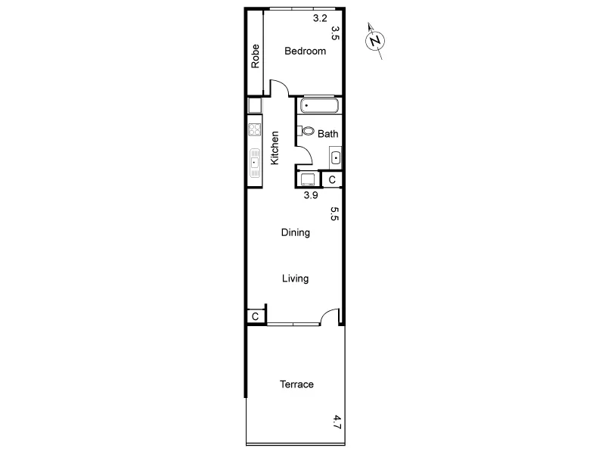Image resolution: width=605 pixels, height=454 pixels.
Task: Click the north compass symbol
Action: [x=375, y=40]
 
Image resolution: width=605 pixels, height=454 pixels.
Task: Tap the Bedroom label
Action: [x=305, y=51]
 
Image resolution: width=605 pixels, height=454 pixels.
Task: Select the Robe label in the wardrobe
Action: [x=256, y=57]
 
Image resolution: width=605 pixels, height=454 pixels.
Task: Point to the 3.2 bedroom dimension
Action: [x=320, y=19]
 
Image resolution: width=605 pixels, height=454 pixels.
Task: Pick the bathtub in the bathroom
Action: [x=320, y=106]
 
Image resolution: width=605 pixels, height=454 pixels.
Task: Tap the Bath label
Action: [x=327, y=134]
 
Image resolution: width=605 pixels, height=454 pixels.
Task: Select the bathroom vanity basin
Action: [x=336, y=158]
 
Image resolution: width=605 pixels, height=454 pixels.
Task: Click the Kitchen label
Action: [x=275, y=148]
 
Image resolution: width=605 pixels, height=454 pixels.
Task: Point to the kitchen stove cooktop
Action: [x=254, y=130]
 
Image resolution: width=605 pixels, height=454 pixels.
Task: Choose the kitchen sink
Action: [x=254, y=161]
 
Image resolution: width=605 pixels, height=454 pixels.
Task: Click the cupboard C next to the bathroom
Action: [x=331, y=179]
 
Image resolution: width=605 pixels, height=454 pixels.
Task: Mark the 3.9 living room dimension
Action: [x=310, y=195]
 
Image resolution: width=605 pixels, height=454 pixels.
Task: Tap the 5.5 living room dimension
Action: [x=334, y=213]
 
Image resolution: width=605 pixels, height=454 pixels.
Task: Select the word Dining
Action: [x=295, y=233]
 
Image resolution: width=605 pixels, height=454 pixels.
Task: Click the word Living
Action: [x=295, y=278]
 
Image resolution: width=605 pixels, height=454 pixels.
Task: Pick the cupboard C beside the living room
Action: [x=256, y=316]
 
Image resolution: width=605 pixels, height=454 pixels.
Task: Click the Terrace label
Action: [x=296, y=384]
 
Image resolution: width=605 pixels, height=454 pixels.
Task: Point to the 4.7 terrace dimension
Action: [x=337, y=421]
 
